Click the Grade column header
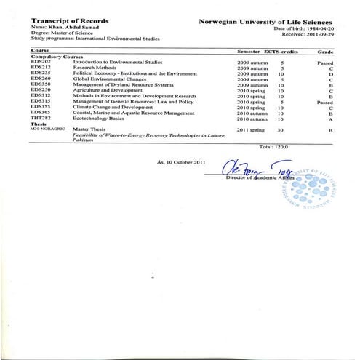(x=326, y=52)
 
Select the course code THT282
(x=41, y=119)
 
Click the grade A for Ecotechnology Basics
(x=329, y=119)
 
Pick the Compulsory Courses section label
(x=60, y=57)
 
